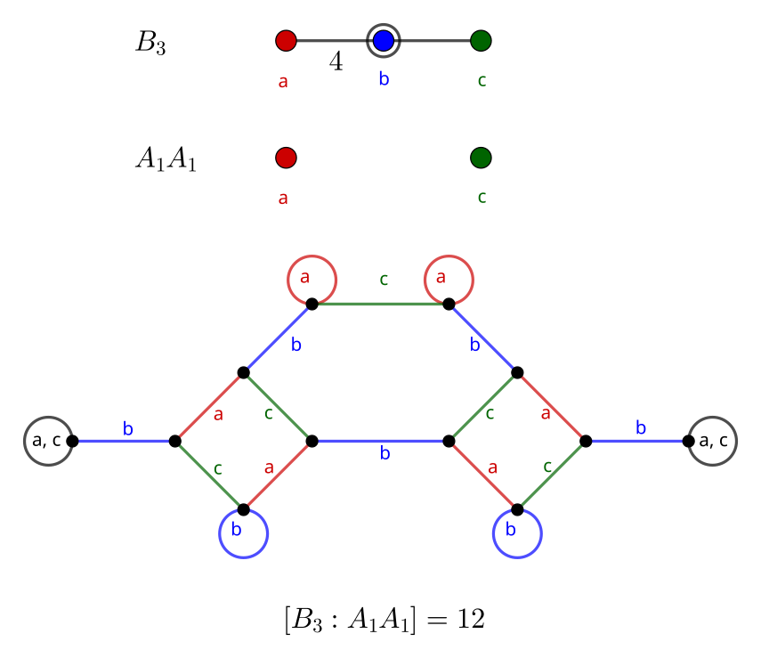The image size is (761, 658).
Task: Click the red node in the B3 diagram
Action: tap(286, 40)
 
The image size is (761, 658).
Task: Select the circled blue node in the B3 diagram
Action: tap(384, 40)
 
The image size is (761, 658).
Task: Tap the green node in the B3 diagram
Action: tap(481, 40)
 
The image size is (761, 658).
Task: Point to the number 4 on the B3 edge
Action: tap(336, 62)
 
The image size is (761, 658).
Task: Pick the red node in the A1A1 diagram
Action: tap(286, 158)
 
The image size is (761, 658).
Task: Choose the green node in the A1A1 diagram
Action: tap(481, 158)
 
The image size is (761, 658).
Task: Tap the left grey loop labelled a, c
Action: tap(48, 441)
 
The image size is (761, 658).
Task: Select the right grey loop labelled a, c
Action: tap(713, 441)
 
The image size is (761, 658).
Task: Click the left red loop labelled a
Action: tap(312, 280)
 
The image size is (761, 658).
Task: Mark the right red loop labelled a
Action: tap(449, 280)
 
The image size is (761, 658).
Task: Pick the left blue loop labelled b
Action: tap(244, 533)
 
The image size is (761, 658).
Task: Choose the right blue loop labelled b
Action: tap(517, 533)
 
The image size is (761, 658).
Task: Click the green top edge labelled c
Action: tap(381, 304)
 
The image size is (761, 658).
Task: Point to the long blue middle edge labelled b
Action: tap(381, 441)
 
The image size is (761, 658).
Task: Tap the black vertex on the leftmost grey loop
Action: tap(72, 441)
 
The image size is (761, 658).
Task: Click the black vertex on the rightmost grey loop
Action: tap(688, 441)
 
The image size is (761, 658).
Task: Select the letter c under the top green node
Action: tap(482, 80)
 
